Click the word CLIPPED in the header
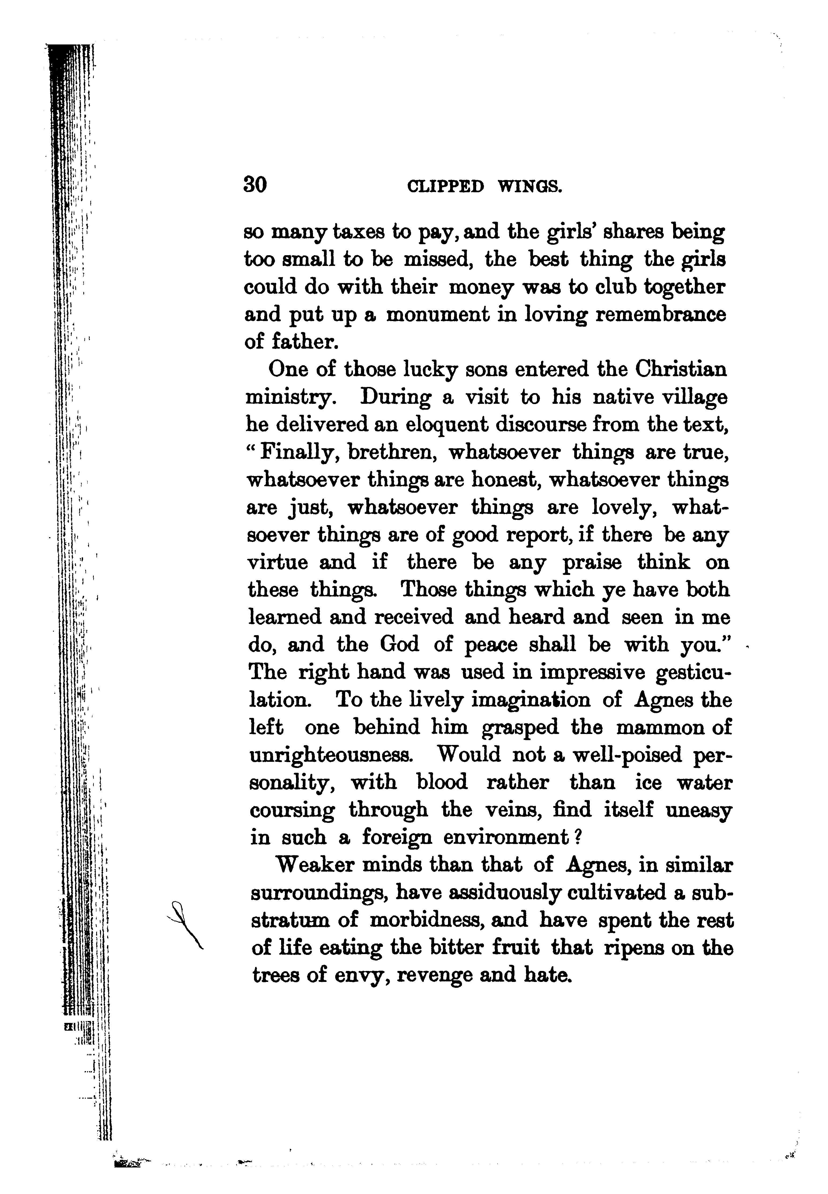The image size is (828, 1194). click(x=446, y=186)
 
